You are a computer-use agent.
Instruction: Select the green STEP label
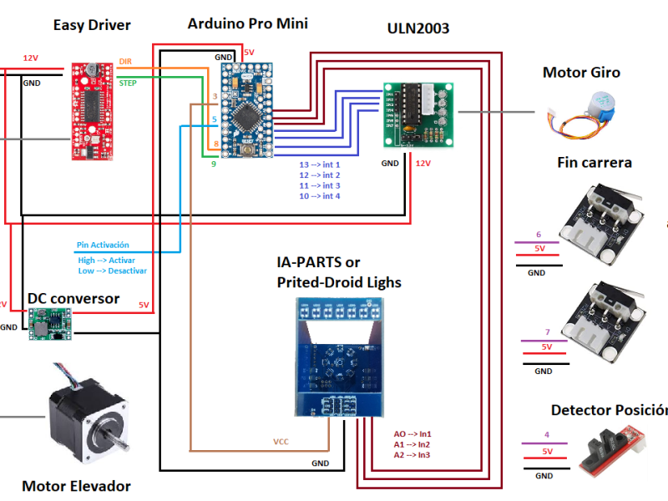[x=128, y=83]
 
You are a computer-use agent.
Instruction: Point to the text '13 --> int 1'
[x=320, y=164]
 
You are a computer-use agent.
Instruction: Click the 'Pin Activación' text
[x=103, y=245]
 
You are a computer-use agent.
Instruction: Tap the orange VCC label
[x=281, y=442]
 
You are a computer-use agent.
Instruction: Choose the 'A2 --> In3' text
[x=412, y=455]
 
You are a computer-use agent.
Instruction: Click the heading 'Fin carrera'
[x=594, y=162]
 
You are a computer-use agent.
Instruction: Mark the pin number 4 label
[x=546, y=435]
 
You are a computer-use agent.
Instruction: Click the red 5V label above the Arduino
[x=248, y=53]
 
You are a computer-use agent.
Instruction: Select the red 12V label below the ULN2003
[x=423, y=164]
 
